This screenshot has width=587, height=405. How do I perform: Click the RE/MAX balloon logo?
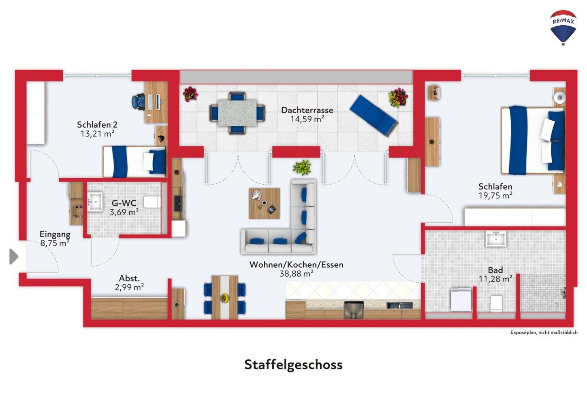(x=563, y=28)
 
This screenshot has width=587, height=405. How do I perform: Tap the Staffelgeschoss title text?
(x=293, y=364)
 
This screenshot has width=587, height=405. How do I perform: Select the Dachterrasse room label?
(x=307, y=110)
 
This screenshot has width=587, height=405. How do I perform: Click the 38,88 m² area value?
(x=297, y=274)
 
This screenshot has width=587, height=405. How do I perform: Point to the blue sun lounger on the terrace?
(x=374, y=115)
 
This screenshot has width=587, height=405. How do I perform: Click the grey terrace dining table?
(x=237, y=113)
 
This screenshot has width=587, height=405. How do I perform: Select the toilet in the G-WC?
(x=152, y=202)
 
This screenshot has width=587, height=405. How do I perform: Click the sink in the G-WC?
(x=95, y=202)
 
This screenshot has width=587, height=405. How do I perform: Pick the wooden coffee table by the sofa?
(x=265, y=203)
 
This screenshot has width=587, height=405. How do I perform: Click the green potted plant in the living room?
(x=302, y=167)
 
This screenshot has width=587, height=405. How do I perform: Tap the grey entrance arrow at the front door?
(x=14, y=256)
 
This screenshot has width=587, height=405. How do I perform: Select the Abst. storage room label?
(x=129, y=278)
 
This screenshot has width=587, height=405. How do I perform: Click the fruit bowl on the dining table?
(x=224, y=298)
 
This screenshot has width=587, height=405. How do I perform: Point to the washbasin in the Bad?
(x=495, y=239)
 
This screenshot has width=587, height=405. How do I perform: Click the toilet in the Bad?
(x=496, y=303)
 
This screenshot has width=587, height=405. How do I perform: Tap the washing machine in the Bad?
(x=461, y=299)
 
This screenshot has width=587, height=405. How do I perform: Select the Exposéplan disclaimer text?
(x=544, y=333)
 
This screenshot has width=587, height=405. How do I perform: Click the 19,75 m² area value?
(x=495, y=196)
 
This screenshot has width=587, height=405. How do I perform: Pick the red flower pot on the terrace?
(x=190, y=94)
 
